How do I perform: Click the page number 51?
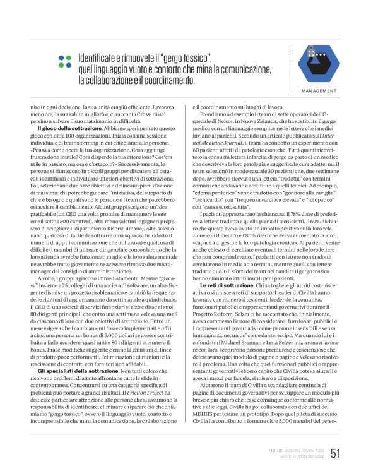[334, 452]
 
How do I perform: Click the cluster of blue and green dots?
[64, 61]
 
